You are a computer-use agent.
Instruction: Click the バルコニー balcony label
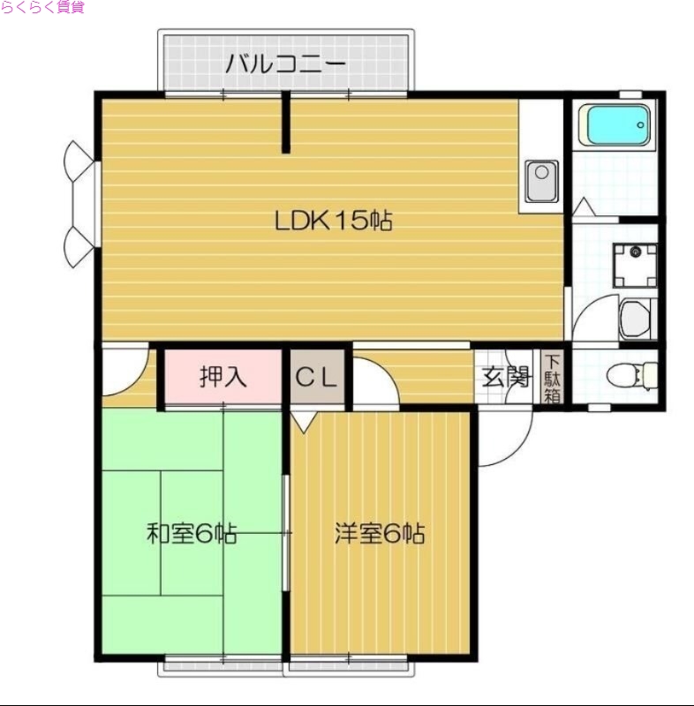pos(284,64)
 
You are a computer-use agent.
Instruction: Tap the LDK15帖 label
pos(333,221)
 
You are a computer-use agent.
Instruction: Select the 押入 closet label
pos(223,378)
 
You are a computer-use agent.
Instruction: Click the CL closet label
pos(316,378)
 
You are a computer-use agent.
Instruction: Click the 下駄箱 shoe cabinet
pos(552,378)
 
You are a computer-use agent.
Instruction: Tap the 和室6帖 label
pos(191,534)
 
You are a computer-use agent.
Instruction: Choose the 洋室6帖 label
pos(380,534)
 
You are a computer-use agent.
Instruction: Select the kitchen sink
pos(540,181)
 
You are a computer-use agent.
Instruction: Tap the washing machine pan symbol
pos(636,265)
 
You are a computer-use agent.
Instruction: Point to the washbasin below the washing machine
pos(636,319)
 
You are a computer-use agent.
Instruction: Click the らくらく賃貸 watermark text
pos(41,8)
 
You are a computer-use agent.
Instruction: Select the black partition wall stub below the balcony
pos(285,124)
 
